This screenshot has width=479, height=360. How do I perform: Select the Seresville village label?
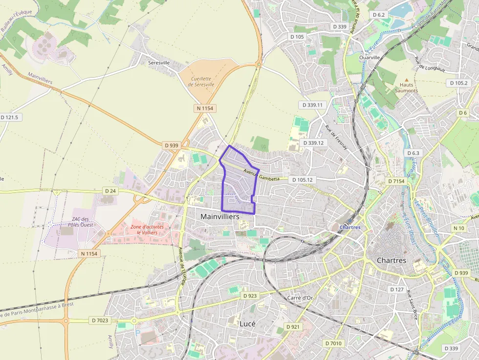[159, 63]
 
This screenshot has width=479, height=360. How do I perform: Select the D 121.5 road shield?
[9, 117]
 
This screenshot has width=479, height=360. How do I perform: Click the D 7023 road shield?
[100, 320]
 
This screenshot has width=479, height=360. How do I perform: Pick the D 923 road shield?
[250, 296]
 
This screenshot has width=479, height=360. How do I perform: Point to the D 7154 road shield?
[396, 181]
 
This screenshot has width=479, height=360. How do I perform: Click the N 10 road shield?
[459, 228]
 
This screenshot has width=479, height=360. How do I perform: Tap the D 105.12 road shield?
[303, 180]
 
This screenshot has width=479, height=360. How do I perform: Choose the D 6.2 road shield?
[379, 15]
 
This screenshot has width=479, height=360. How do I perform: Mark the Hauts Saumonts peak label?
[406, 87]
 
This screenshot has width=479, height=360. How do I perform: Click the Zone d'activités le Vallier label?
[147, 230]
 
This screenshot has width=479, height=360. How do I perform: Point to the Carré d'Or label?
[300, 297]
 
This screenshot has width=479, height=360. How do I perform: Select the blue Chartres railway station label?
[350, 227]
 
